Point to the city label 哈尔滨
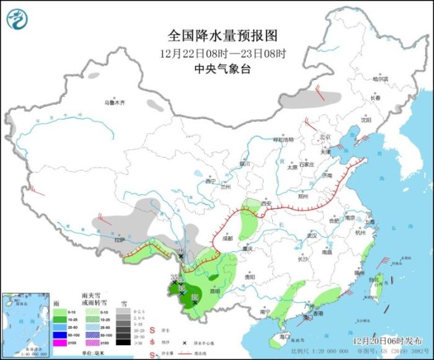[379, 79]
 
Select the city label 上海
[370, 222]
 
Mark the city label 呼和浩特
[285, 140]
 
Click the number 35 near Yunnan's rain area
[174, 277]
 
